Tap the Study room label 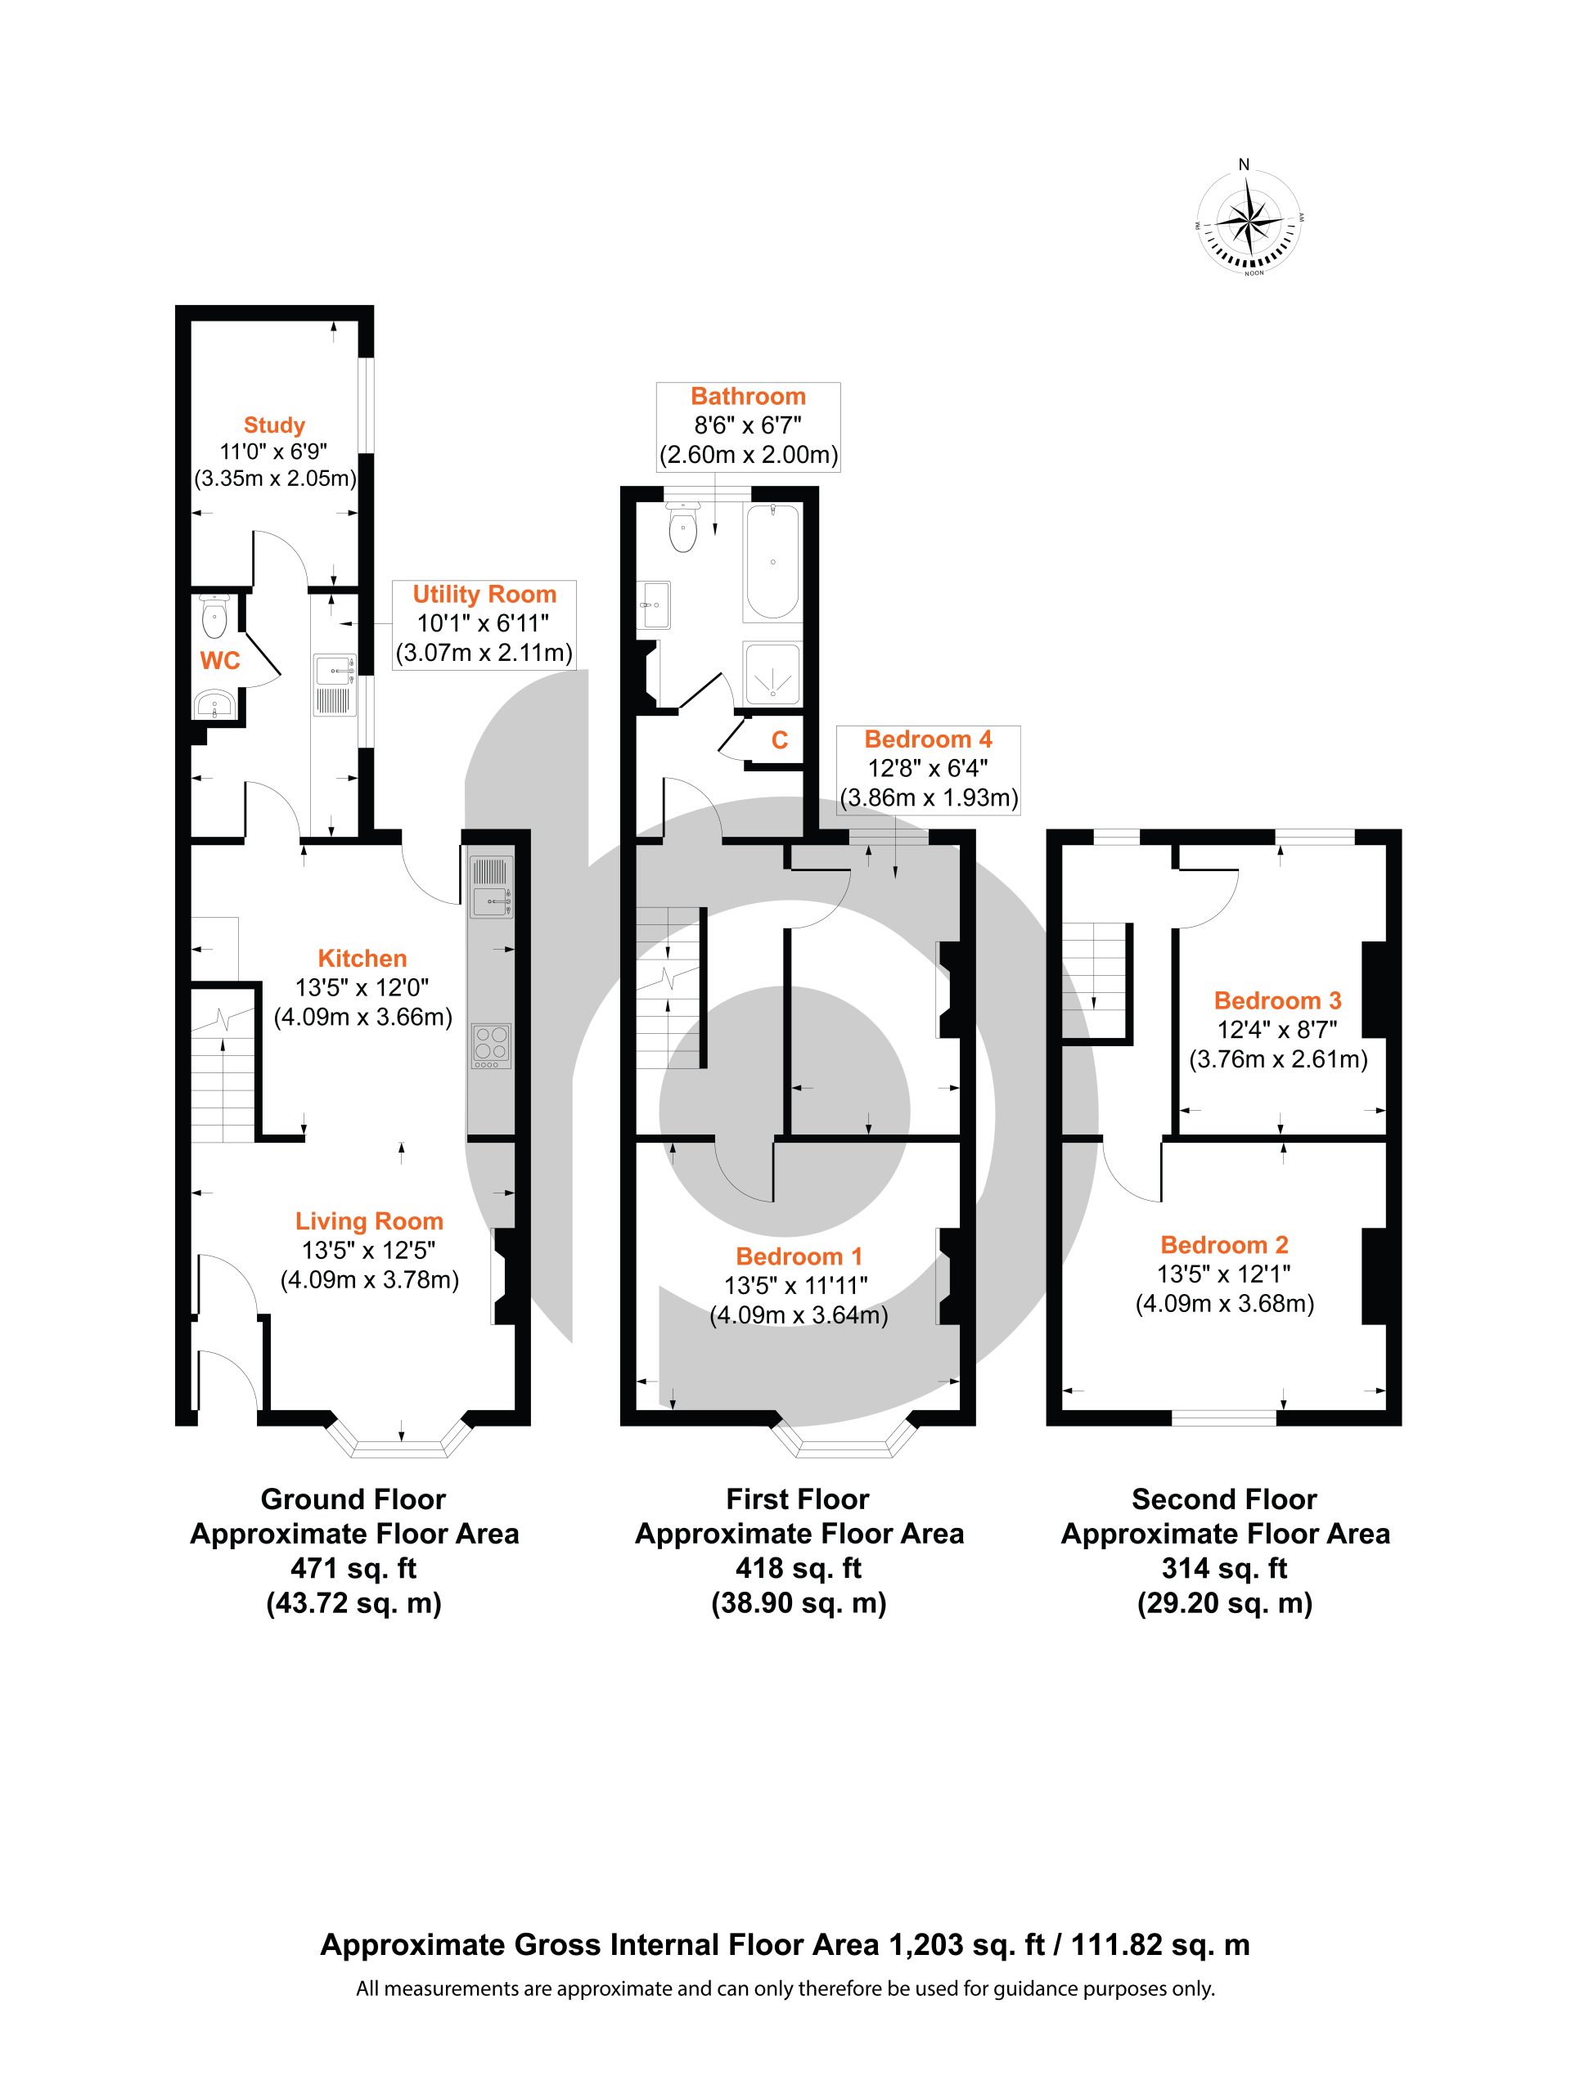(275, 425)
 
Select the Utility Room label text (484, 595)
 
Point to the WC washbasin (215, 704)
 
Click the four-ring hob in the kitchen (490, 1047)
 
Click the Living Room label (369, 1221)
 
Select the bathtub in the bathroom (772, 561)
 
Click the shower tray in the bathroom (772, 674)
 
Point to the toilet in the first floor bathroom (682, 526)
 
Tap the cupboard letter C (779, 739)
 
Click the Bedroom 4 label (928, 739)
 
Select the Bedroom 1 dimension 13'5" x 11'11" (795, 1286)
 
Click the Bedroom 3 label (1277, 1000)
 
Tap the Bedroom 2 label (1224, 1245)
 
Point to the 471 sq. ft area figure (353, 1569)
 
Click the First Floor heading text (797, 1499)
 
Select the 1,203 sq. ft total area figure (966, 1944)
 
